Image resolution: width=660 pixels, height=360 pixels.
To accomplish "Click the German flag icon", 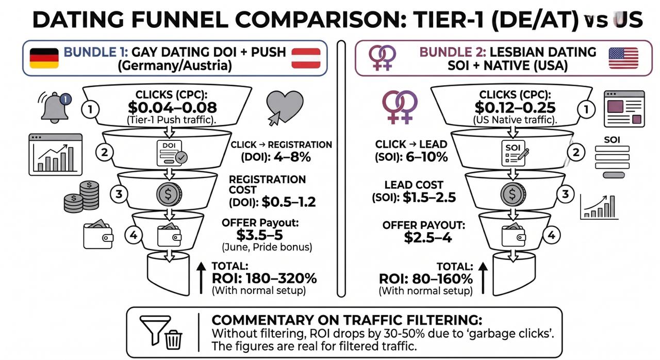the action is pyautogui.click(x=44, y=58).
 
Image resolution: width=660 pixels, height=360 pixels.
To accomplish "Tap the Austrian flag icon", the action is pyautogui.click(x=306, y=58).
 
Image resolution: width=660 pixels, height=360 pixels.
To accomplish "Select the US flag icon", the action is pyautogui.click(x=623, y=58).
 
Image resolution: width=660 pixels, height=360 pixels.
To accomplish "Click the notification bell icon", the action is pyautogui.click(x=55, y=107).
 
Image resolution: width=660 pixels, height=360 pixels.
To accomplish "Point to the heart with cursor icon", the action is pyautogui.click(x=284, y=108).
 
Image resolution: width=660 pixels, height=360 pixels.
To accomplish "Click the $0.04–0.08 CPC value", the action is pyautogui.click(x=172, y=107).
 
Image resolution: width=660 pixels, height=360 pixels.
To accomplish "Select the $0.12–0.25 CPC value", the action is pyautogui.click(x=515, y=107).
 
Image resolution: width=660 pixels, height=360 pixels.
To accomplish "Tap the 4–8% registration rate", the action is pyautogui.click(x=292, y=157).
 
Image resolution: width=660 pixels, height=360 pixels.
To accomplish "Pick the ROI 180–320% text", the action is pyautogui.click(x=265, y=279).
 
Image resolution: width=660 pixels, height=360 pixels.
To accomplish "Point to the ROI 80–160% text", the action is pyautogui.click(x=426, y=279).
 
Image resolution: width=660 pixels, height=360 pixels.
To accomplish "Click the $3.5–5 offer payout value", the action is pyautogui.click(x=259, y=235).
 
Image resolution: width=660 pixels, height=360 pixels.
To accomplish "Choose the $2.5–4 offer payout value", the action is pyautogui.click(x=428, y=237).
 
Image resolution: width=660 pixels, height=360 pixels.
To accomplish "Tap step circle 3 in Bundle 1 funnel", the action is pyautogui.click(x=119, y=194).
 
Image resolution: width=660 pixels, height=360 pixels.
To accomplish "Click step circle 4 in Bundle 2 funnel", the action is pyautogui.click(x=551, y=235).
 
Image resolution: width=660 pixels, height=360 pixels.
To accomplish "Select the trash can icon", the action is pyautogui.click(x=173, y=340).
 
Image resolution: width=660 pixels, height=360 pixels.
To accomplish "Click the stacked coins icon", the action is pyautogui.click(x=81, y=197).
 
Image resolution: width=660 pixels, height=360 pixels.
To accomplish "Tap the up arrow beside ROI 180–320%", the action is pyautogui.click(x=201, y=278).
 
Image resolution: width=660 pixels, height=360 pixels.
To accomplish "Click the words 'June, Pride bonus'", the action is pyautogui.click(x=267, y=247).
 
